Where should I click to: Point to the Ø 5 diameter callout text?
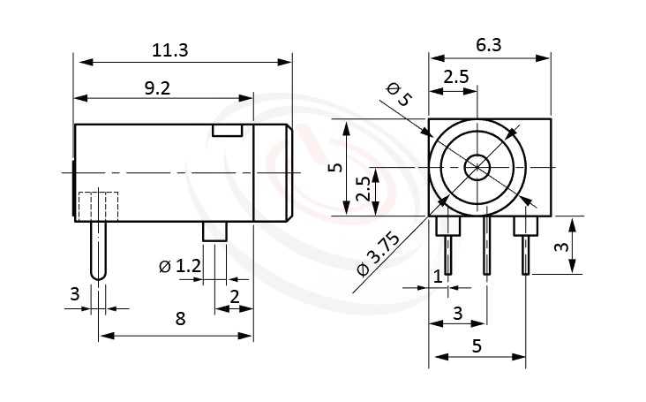click(399, 95)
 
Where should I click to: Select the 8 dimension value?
click(180, 319)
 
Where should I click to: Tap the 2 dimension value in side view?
click(235, 296)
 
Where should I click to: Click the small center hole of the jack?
click(477, 167)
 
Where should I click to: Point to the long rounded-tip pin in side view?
click(99, 252)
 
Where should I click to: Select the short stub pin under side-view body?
click(215, 232)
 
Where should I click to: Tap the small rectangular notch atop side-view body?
click(227, 131)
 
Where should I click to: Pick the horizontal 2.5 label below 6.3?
click(455, 77)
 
